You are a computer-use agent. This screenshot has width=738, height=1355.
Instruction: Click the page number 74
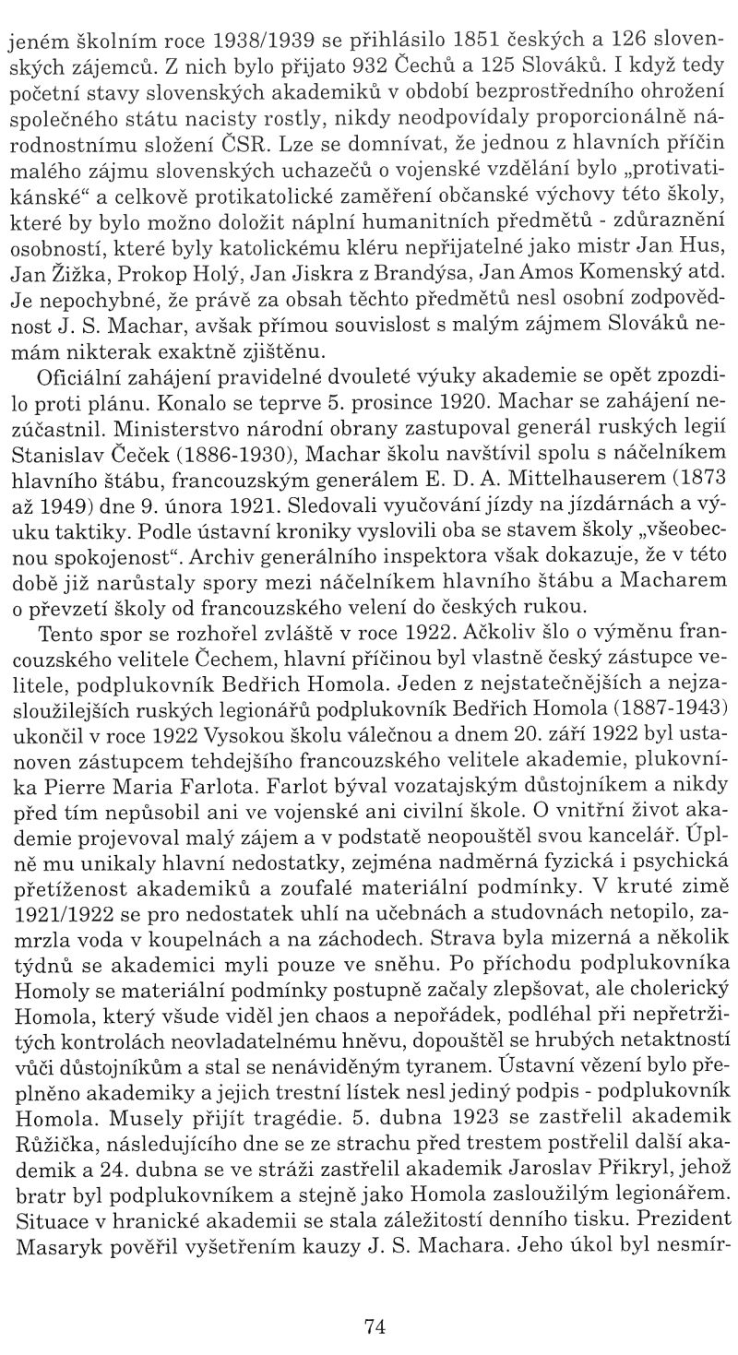[x=374, y=1302]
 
